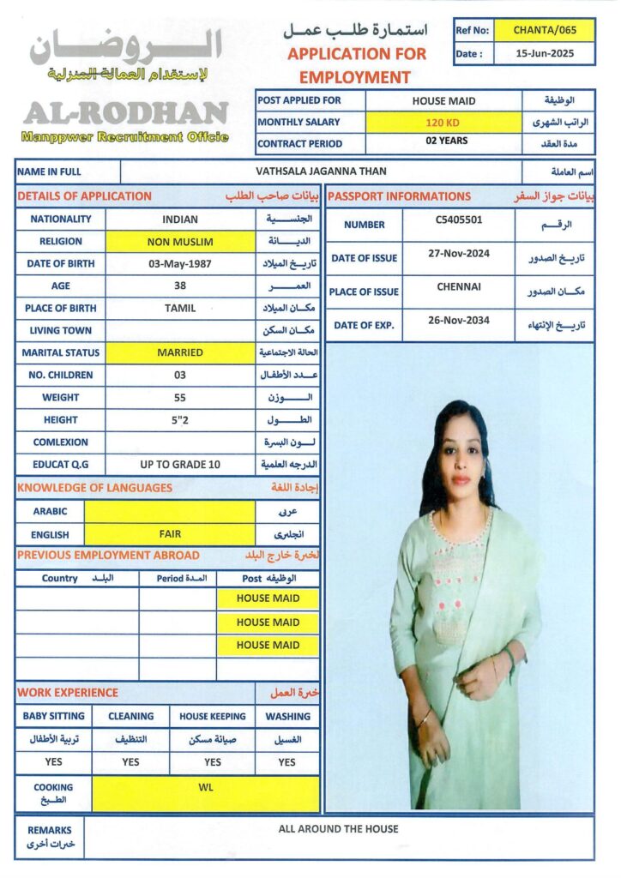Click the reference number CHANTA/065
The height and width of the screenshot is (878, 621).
(545, 30)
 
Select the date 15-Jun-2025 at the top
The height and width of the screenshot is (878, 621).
(545, 53)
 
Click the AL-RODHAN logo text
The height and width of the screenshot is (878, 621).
(125, 112)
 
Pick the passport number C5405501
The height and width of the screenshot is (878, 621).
(459, 219)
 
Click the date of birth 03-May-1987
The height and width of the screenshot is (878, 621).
(180, 264)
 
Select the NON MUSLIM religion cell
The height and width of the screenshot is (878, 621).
(180, 242)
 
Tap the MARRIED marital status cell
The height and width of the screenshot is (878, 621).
(180, 352)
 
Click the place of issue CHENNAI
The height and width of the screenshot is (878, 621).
(459, 286)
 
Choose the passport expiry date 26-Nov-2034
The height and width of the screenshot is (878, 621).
(459, 321)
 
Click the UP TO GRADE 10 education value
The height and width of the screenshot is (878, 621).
(180, 465)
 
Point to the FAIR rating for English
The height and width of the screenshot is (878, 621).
(170, 534)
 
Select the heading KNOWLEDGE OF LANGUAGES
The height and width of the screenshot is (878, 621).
(94, 488)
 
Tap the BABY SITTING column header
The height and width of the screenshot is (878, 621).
(53, 716)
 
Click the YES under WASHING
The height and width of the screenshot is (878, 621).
(286, 762)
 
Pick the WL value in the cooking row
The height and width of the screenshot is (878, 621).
(205, 787)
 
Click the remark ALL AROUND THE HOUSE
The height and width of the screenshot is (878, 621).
(338, 829)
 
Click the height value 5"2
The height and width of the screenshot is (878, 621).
(180, 420)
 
